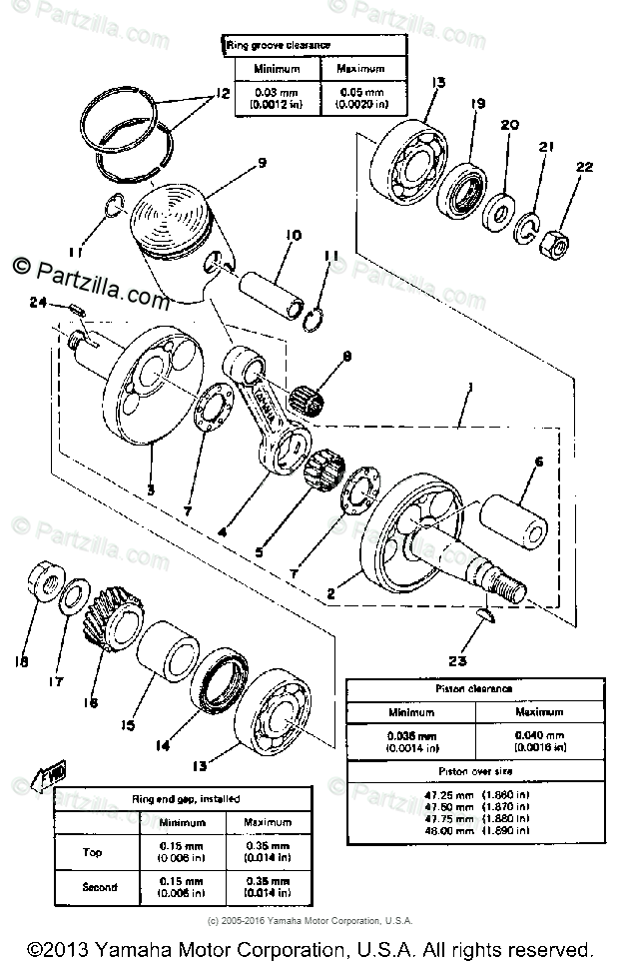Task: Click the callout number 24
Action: point(39,302)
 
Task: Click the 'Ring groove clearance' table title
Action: point(277,46)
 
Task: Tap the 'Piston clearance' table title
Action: point(475,689)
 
